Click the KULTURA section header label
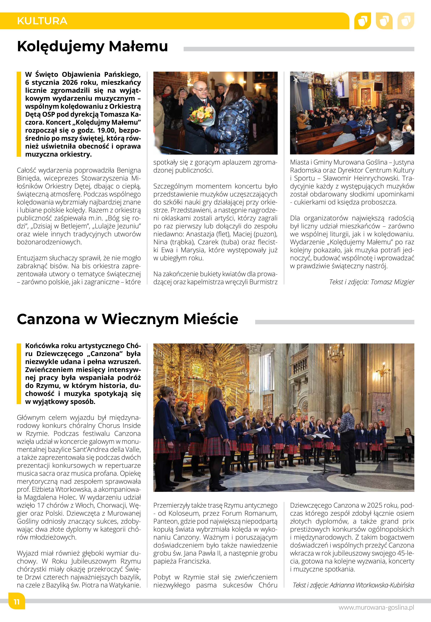tap(42, 21)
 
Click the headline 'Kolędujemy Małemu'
tap(92, 46)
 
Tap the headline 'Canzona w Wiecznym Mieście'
tap(127, 319)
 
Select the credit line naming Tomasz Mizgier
tap(372, 282)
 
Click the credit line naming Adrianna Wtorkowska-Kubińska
tap(353, 585)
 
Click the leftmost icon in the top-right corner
tap(362, 21)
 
